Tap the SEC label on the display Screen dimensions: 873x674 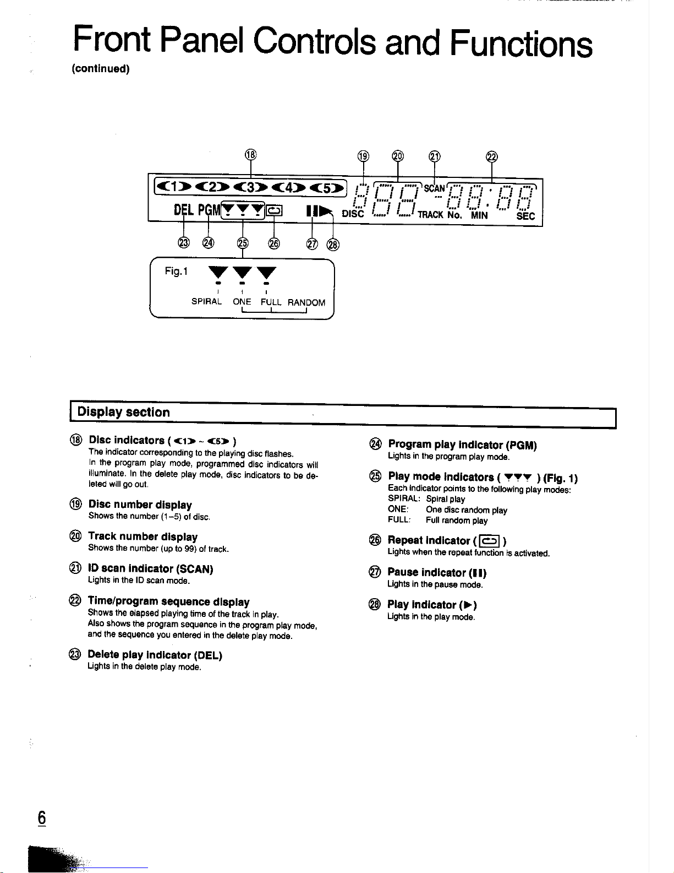[x=525, y=215]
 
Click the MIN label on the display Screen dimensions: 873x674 [x=479, y=215]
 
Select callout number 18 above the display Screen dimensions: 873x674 [x=250, y=154]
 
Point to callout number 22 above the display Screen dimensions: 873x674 [x=492, y=157]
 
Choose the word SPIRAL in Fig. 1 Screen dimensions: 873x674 [x=206, y=302]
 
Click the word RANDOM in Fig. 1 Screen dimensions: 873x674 [x=306, y=302]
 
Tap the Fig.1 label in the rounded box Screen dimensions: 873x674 [x=176, y=271]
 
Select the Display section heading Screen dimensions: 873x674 [x=124, y=412]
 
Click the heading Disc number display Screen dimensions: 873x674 [x=140, y=505]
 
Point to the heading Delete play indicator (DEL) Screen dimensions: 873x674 [x=155, y=655]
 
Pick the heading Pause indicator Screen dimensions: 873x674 [x=437, y=572]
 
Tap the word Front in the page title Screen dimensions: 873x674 [x=112, y=40]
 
